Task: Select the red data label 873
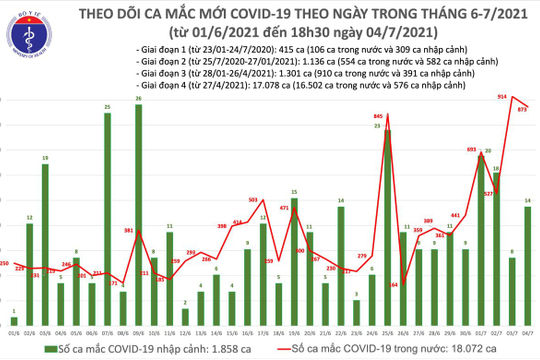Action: click(x=523, y=109)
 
